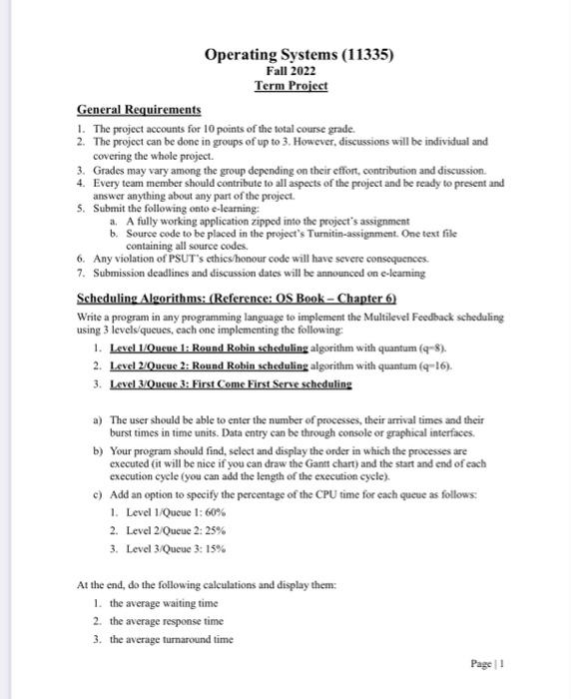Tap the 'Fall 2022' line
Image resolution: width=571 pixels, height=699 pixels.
coord(289,71)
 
